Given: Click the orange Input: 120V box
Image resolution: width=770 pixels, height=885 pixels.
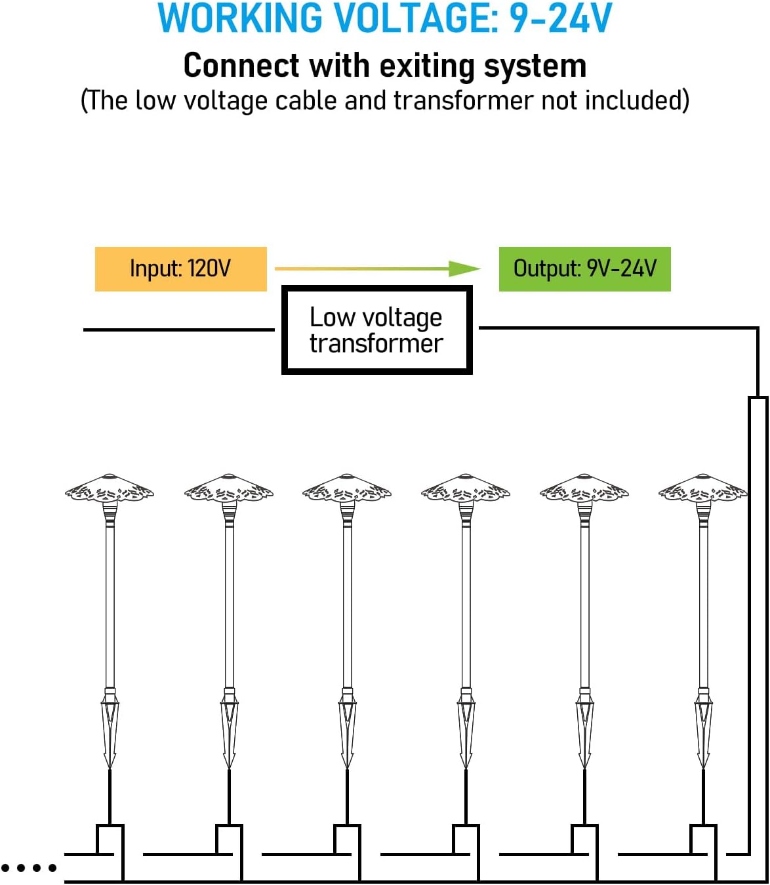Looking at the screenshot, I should click(x=180, y=269).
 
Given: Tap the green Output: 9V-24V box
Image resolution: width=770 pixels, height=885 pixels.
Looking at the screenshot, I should click(x=584, y=269).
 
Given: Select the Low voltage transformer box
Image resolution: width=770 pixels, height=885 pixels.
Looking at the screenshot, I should click(x=376, y=330).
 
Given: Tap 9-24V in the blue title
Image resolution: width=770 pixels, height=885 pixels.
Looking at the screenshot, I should click(x=561, y=19).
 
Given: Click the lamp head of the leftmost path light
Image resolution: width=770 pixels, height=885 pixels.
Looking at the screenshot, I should click(x=110, y=489).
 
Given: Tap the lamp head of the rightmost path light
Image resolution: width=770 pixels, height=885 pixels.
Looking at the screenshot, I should click(x=703, y=489).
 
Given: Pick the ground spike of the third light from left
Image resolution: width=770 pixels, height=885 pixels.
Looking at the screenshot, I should click(x=347, y=729).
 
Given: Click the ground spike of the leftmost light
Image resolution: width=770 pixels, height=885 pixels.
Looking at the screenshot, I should click(x=110, y=729).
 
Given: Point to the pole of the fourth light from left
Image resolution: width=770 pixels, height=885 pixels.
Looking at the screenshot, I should click(x=466, y=604).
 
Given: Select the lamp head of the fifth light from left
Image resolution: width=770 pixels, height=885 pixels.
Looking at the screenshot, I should click(x=584, y=489).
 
